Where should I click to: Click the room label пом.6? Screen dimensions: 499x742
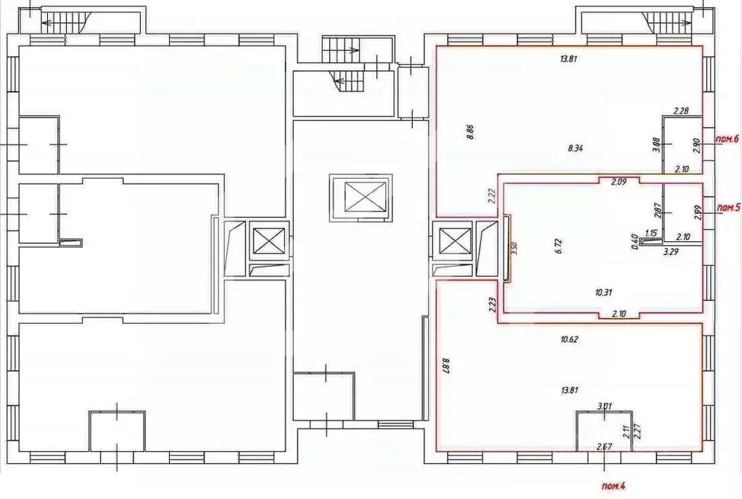click(726, 139)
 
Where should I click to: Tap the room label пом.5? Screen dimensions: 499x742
click(727, 208)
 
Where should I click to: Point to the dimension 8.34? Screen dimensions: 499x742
click(575, 148)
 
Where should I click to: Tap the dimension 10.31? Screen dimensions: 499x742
click(603, 292)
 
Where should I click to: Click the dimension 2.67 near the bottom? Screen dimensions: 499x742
click(603, 445)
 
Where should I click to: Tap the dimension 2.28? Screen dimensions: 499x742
click(680, 111)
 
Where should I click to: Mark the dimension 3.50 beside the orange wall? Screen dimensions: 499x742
click(514, 247)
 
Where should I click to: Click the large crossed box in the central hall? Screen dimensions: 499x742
click(360, 197)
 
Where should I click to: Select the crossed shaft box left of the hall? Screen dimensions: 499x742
click(268, 240)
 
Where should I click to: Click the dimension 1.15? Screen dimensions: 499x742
click(651, 233)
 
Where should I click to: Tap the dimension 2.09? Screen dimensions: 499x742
click(618, 182)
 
